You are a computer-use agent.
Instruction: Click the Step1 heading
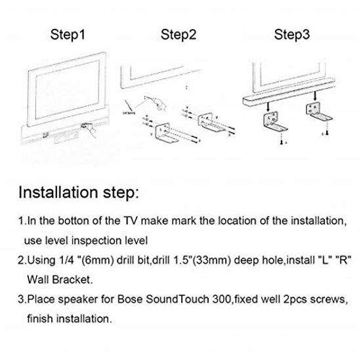point(68,34)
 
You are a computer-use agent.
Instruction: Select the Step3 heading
point(292,34)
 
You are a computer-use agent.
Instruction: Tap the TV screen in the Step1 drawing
point(69,89)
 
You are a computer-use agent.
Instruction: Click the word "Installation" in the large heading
point(64,194)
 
